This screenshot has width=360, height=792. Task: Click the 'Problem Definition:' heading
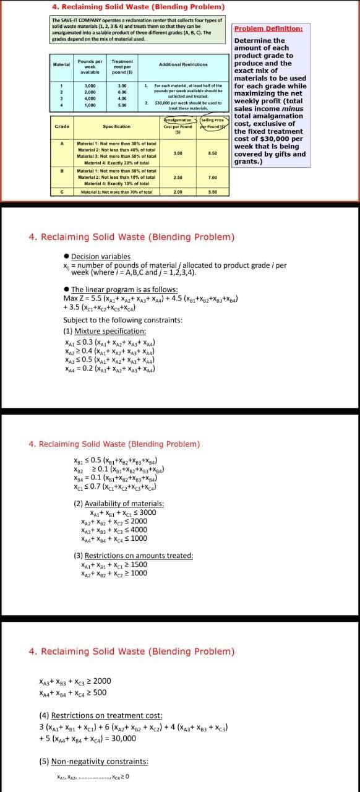pyautogui.click(x=268, y=29)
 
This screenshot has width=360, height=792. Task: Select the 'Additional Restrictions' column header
pyautogui.click(x=183, y=64)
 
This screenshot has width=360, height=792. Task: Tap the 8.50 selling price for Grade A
pyautogui.click(x=212, y=152)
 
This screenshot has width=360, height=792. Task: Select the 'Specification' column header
pyautogui.click(x=116, y=127)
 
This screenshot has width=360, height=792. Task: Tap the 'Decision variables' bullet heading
pyautogui.click(x=100, y=256)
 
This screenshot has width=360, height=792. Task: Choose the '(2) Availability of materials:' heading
pyautogui.click(x=119, y=504)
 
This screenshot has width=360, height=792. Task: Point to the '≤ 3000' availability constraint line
pyautogui.click(x=123, y=512)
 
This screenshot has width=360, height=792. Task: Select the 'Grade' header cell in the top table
pyautogui.click(x=62, y=127)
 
